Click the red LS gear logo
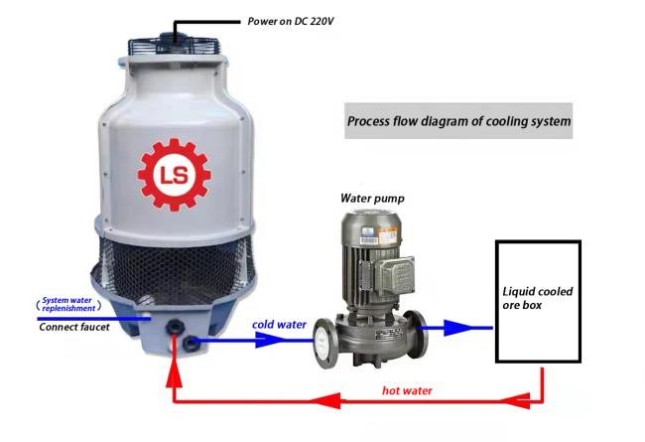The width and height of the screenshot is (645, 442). coord(174,175)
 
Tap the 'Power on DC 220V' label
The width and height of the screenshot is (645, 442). coord(291,21)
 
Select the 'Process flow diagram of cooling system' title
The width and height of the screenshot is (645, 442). coord(458,121)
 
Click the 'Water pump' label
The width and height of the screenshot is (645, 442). coord(372,198)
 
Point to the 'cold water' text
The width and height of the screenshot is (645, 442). coord(279,325)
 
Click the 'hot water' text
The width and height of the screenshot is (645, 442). coord(407,390)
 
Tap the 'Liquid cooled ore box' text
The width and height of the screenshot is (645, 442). coord(537,298)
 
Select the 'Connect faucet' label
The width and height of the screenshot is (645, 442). coord(74,327)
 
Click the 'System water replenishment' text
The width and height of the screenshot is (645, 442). coord(68,304)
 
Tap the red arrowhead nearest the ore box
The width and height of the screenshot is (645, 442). coord(515,401)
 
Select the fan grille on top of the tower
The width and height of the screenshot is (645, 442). coord(174,46)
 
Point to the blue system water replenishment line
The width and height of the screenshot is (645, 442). coord(94,319)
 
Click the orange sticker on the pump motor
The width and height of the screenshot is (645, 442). coord(387,237)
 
